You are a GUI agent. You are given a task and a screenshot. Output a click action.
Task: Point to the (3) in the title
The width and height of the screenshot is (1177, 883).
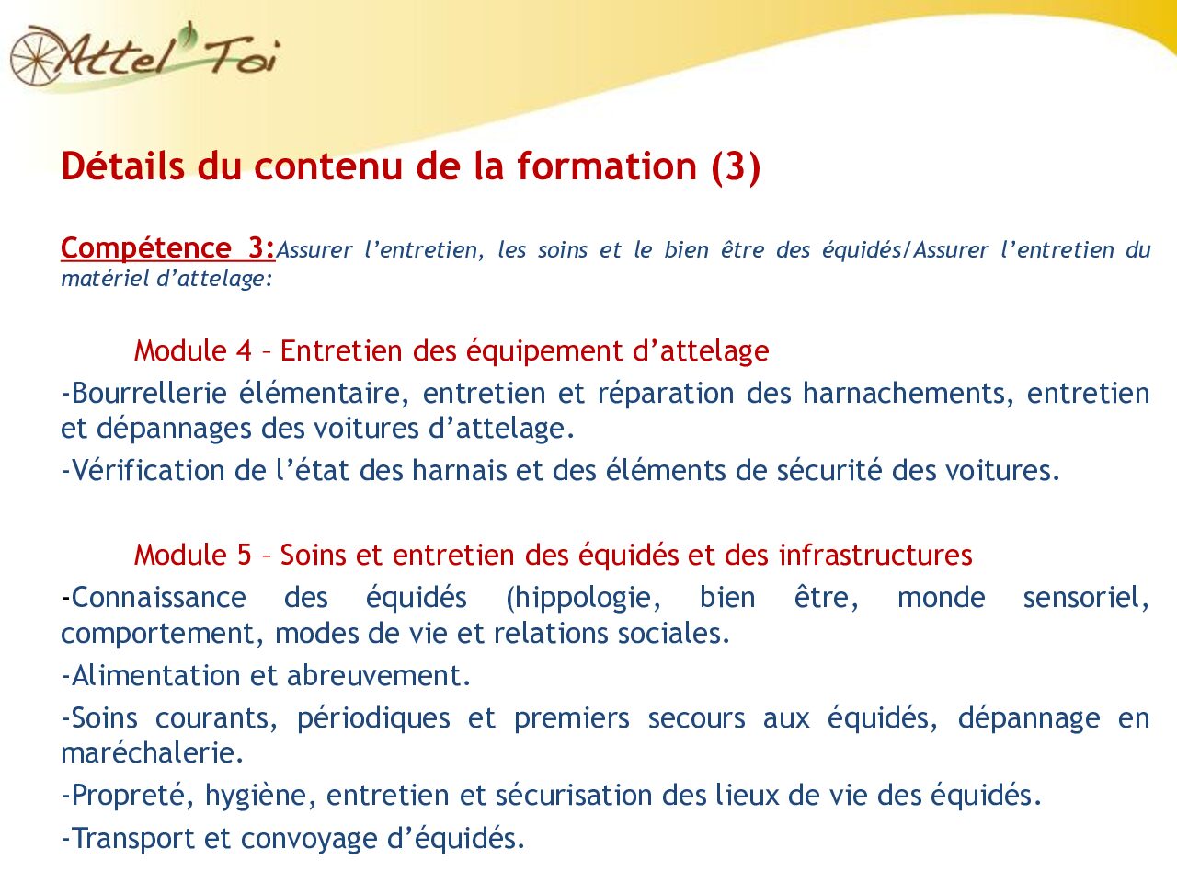(735, 166)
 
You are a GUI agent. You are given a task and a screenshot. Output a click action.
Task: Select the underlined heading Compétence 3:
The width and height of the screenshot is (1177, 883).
(167, 248)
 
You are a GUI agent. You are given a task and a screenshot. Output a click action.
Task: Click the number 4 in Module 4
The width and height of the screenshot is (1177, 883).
(244, 351)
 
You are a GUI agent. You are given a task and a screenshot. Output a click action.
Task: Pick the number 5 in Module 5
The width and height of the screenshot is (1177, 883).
(244, 556)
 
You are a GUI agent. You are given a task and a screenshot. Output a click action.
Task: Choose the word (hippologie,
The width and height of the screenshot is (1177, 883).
(583, 598)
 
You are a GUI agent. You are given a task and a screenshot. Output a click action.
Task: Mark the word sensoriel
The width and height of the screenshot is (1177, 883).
(1085, 598)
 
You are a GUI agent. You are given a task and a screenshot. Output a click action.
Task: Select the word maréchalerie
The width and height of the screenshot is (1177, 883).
(152, 753)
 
